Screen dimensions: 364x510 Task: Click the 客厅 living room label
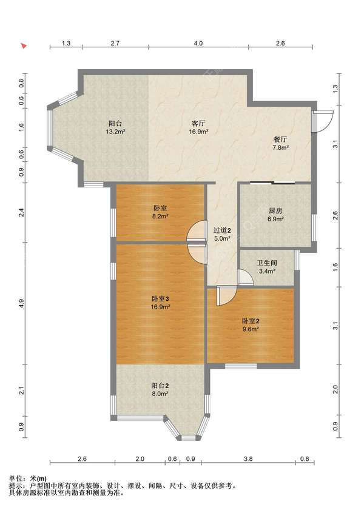pos(198,124)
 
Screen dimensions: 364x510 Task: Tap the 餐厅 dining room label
pos(280,139)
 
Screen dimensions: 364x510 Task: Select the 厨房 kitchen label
pos(275,211)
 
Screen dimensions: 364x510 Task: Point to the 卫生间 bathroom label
pos(267,263)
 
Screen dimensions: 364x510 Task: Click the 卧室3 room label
pos(160,298)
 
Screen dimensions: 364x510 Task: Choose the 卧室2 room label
pos(251,321)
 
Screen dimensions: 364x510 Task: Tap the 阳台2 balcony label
pos(160,386)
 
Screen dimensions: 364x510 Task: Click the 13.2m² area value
pos(115,132)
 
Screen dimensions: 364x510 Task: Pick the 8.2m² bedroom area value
pos(160,216)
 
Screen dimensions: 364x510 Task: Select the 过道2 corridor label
pos(222,230)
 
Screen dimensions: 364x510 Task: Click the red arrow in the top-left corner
pos(24,46)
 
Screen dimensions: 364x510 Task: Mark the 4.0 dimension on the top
pos(198,43)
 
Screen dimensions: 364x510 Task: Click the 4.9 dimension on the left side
pos(21,303)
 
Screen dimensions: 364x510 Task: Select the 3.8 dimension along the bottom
pos(248,459)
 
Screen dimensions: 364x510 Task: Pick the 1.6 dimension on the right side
pos(335,267)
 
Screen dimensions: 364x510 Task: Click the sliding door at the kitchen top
pos(272,183)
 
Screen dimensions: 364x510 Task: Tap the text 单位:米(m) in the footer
pos(28,478)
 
